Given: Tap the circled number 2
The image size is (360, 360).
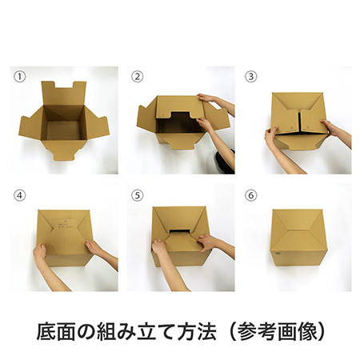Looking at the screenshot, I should tap(137, 78).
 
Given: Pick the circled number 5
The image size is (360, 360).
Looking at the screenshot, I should tap(137, 194).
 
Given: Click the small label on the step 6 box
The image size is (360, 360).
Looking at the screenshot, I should tap(274, 255).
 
